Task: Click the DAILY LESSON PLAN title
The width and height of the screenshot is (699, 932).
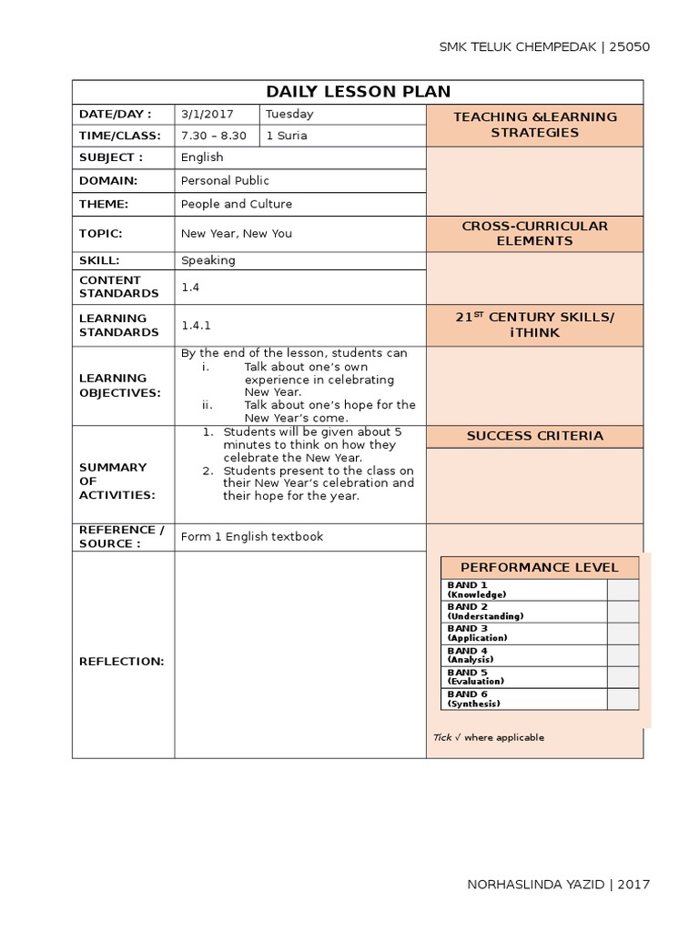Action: tap(358, 92)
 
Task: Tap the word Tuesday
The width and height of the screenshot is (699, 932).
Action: tap(289, 115)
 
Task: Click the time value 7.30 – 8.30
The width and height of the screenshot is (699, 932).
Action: tap(213, 136)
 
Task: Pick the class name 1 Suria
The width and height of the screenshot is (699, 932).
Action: tap(286, 136)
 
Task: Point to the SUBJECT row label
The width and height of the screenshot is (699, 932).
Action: tap(111, 157)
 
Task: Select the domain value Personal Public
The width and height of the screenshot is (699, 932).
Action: tap(225, 180)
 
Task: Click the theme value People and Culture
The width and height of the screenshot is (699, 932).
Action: tap(236, 204)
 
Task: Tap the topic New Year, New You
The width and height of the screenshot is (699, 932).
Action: tap(236, 233)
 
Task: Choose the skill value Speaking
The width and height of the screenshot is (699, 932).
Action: tap(208, 260)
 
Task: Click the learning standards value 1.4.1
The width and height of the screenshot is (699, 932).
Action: tap(196, 325)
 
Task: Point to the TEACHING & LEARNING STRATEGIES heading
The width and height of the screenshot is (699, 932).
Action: tap(534, 125)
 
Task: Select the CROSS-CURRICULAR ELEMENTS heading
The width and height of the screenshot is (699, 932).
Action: tap(534, 233)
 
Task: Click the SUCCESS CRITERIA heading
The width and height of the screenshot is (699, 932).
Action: tap(534, 436)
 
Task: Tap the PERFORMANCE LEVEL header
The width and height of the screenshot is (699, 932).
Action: tap(539, 567)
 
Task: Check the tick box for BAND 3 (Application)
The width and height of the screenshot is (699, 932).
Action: tap(623, 633)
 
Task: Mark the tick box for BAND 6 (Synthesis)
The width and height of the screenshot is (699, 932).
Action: tap(623, 699)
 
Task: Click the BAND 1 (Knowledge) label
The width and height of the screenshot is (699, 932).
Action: tap(477, 589)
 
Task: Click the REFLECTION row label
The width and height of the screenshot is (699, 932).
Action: tap(122, 661)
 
